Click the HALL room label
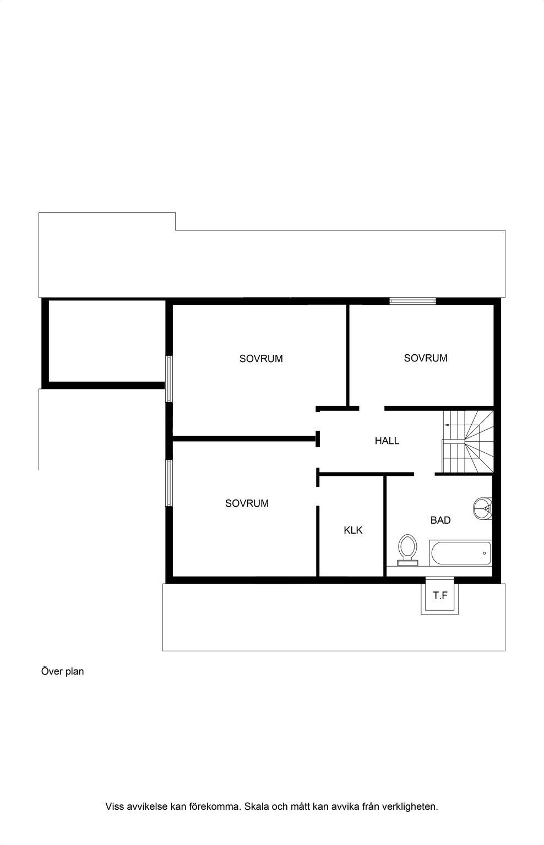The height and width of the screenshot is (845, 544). coord(387,441)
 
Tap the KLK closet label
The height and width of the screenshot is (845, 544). coord(353,530)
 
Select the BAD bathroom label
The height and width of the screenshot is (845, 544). coord(440,520)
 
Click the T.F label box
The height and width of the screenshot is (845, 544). coord(440,595)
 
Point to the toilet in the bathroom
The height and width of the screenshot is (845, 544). coord(407,550)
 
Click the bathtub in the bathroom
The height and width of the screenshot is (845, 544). coord(460,553)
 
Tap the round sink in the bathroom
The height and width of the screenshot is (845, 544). coord(483,508)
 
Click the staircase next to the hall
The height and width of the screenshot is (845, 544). coord(468,442)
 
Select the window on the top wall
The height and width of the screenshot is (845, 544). coord(412,301)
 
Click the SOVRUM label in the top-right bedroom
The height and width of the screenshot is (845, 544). coord(426,358)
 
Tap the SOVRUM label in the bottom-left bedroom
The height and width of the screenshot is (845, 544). coord(247,503)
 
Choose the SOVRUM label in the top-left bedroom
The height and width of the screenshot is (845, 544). coord(261,358)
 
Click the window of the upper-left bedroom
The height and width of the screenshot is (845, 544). coord(169,378)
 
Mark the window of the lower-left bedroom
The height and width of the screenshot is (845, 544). coord(169,483)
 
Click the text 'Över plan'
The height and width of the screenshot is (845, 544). coord(62,672)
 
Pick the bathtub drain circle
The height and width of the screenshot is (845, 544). coord(485,553)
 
